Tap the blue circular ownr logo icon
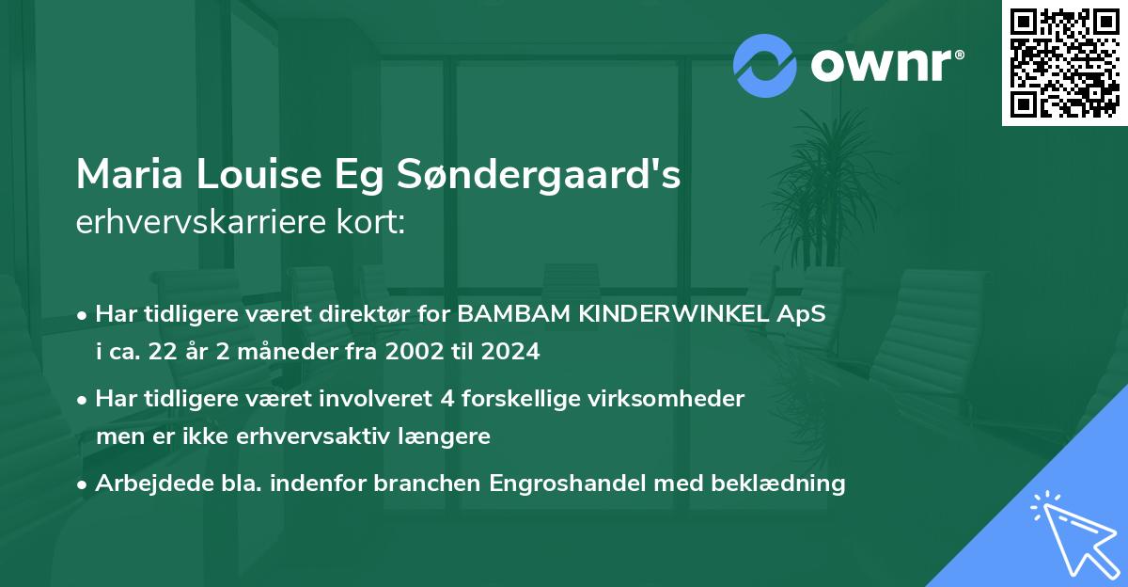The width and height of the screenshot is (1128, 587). point(765,65)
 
